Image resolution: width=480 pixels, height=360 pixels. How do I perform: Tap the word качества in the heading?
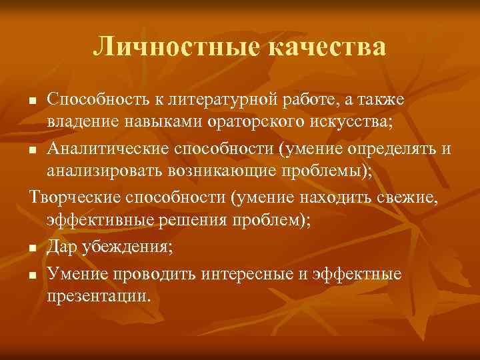point(329,47)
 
